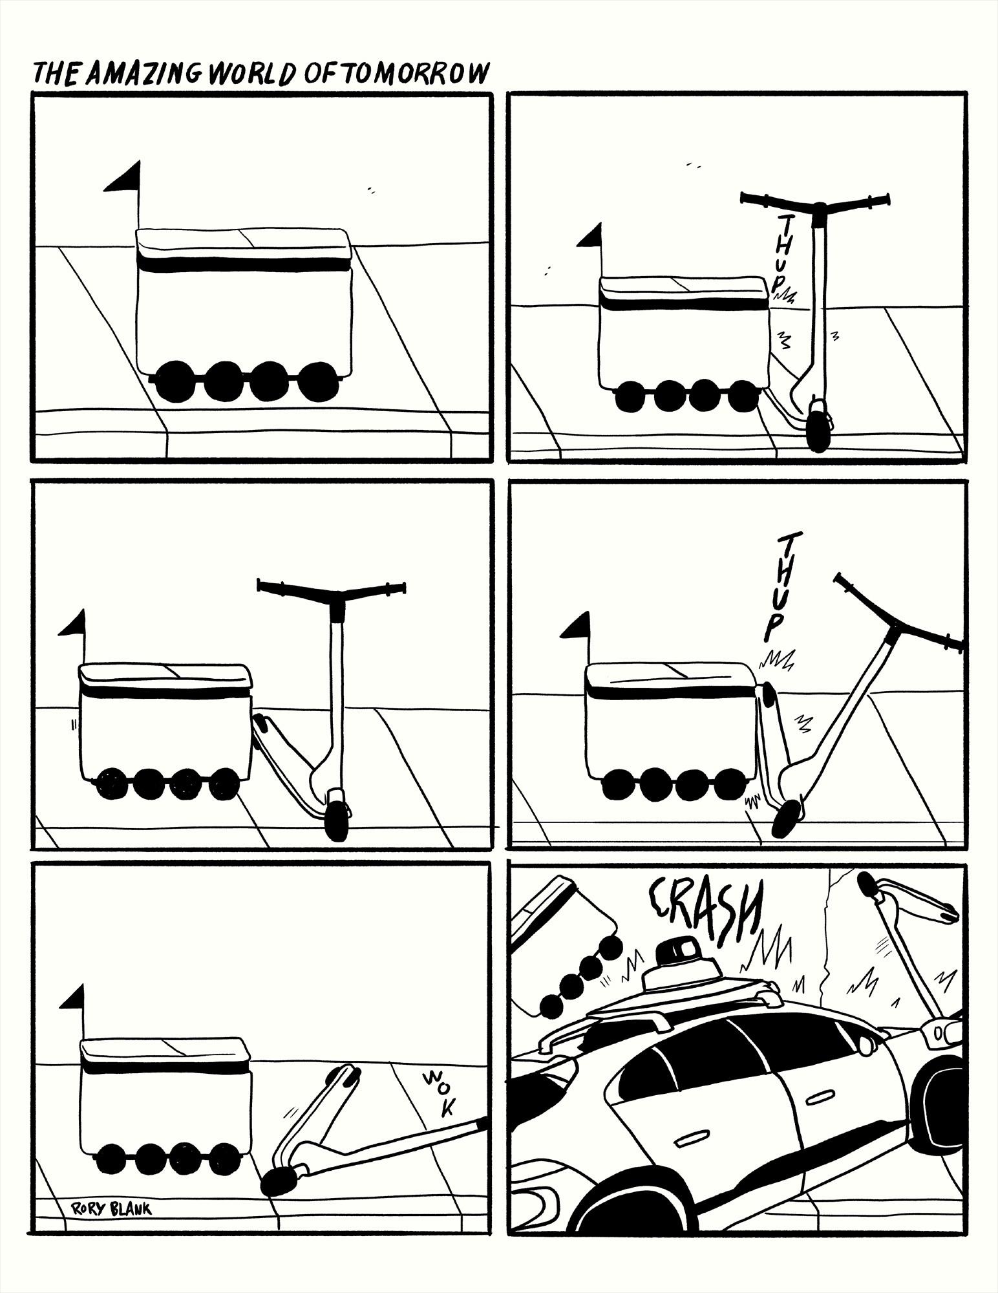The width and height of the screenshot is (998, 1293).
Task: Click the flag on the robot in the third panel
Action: click(72, 623)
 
